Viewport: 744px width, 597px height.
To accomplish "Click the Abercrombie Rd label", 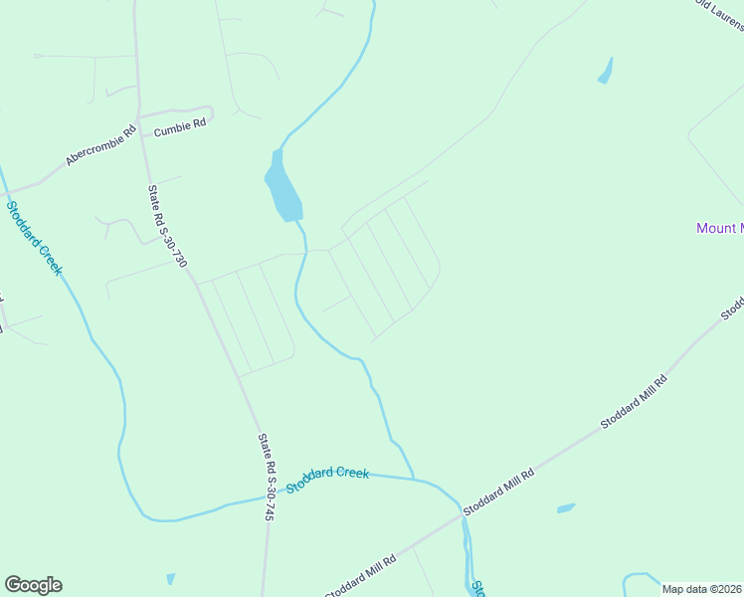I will pyautogui.click(x=100, y=145).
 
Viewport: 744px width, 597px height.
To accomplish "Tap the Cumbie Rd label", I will pyautogui.click(x=180, y=123).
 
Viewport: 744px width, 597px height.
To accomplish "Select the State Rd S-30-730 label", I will pyautogui.click(x=167, y=227).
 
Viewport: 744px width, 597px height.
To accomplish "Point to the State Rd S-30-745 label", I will pyautogui.click(x=266, y=478).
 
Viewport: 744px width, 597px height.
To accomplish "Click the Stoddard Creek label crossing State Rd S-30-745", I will pyautogui.click(x=328, y=479).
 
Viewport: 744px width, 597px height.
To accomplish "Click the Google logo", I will pyautogui.click(x=33, y=585).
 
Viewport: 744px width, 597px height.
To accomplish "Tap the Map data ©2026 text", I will pyautogui.click(x=702, y=589).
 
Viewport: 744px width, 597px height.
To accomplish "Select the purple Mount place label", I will pyautogui.click(x=719, y=228).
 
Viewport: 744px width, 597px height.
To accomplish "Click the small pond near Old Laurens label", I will pyautogui.click(x=605, y=72).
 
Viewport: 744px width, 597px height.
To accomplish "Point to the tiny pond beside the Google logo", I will pyautogui.click(x=170, y=579).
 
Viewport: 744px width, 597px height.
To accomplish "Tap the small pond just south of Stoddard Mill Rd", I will pyautogui.click(x=566, y=508).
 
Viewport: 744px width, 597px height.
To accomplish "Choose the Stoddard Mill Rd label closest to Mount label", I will pyautogui.click(x=634, y=401).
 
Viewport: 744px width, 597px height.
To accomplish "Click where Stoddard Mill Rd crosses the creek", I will pyautogui.click(x=464, y=514).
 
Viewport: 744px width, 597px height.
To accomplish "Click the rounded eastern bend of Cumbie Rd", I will pyautogui.click(x=211, y=111).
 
